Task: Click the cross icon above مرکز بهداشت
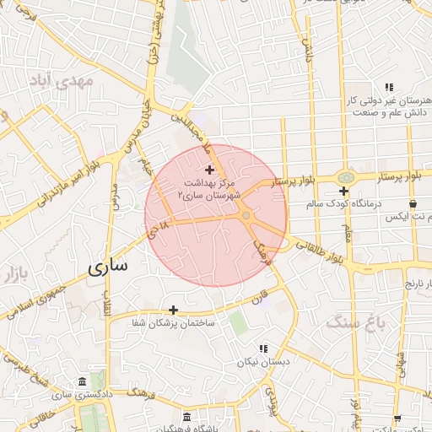pyautogui.click(x=209, y=170)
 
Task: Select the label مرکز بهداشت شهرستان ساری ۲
pyautogui.click(x=209, y=188)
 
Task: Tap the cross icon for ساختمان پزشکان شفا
pyautogui.click(x=174, y=310)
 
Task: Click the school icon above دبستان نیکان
pyautogui.click(x=263, y=348)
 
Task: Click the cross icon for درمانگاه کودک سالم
pyautogui.click(x=343, y=191)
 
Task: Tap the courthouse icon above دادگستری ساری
pyautogui.click(x=81, y=381)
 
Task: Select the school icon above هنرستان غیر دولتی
pyautogui.click(x=388, y=87)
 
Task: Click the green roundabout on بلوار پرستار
pyautogui.click(x=345, y=177)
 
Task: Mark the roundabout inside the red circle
pyautogui.click(x=246, y=216)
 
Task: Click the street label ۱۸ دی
pyautogui.click(x=161, y=226)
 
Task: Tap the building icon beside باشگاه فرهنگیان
pyautogui.click(x=186, y=417)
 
